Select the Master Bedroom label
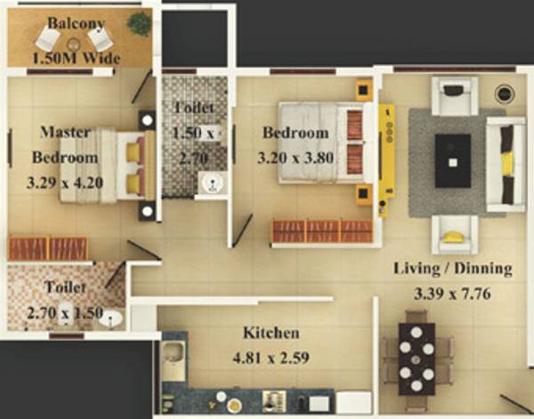click(x=64, y=145)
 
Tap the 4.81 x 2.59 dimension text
click(x=271, y=361)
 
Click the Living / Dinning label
click(x=453, y=268)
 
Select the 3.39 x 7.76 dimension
click(x=453, y=292)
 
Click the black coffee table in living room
click(x=452, y=160)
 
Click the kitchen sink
click(x=174, y=359)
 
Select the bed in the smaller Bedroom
click(x=320, y=142)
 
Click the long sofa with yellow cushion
click(x=505, y=165)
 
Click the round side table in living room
click(x=505, y=92)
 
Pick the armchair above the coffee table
click(x=454, y=93)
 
